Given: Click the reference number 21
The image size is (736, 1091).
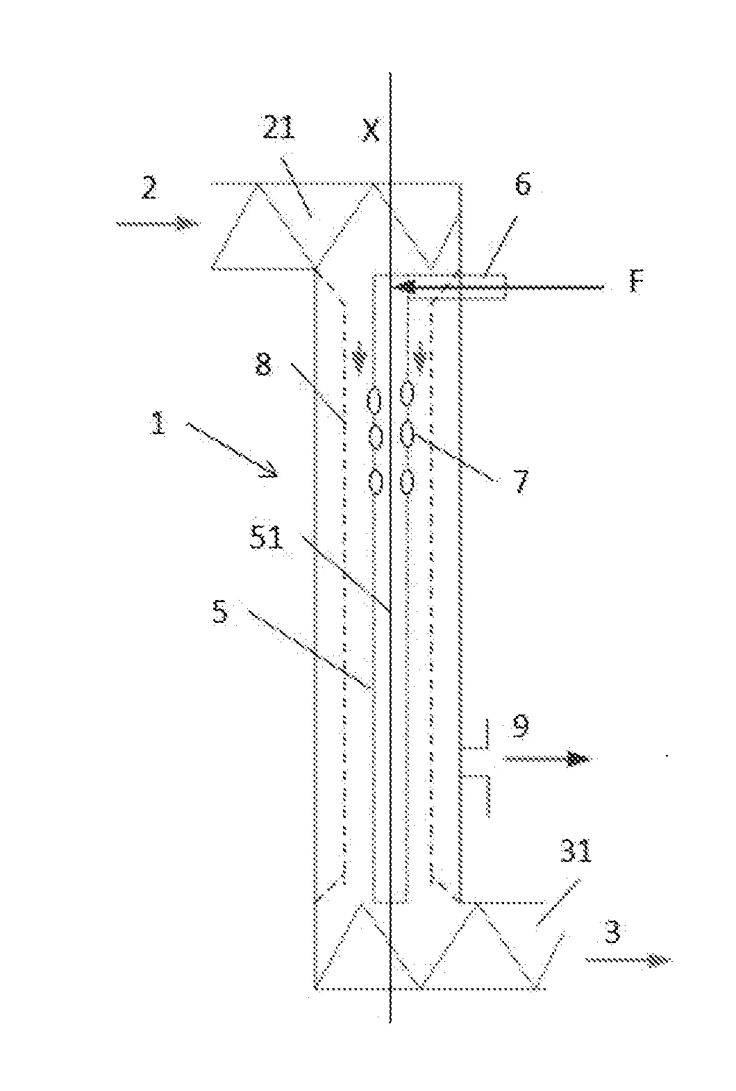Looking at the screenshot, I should point(278,131).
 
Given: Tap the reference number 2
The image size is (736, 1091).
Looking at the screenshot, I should point(149,189).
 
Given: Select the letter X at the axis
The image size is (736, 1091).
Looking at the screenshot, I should point(371,131).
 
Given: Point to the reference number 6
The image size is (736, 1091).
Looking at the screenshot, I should point(522,186).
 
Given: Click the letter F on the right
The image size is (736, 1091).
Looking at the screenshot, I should point(633,285).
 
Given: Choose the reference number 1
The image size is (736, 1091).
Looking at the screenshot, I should point(159,424).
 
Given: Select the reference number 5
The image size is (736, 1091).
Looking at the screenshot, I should point(220,614).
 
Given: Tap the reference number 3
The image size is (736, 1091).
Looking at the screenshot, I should point(611,932).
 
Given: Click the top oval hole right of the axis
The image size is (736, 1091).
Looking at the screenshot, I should point(408,394).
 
